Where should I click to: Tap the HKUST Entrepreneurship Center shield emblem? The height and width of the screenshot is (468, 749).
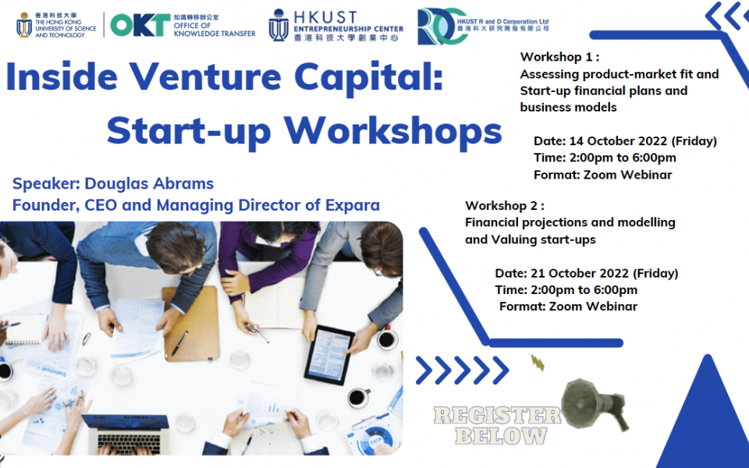point(279,25)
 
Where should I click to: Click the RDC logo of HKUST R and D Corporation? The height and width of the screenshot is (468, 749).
point(442,27)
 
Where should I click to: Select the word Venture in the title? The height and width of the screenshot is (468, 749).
point(205,76)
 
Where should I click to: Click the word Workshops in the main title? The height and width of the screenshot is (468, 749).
point(393,130)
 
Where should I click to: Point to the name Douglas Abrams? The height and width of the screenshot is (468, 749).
point(149,183)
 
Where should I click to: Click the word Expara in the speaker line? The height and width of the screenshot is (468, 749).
point(353,205)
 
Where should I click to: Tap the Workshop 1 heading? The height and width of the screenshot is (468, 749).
point(559,57)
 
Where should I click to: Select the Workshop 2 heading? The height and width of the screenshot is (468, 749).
point(505,206)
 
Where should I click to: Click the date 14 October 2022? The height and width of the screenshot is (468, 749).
point(618,141)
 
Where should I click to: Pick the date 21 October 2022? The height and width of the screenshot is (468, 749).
point(580,273)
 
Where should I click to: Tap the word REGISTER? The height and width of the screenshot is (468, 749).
point(497,416)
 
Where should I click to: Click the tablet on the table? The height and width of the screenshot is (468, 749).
point(329,354)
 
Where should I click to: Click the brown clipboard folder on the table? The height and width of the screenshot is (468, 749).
point(190,322)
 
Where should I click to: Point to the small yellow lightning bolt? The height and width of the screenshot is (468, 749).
point(538,363)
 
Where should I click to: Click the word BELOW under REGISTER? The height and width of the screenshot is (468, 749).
point(501,435)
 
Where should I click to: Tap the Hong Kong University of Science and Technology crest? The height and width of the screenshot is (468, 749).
point(24,25)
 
